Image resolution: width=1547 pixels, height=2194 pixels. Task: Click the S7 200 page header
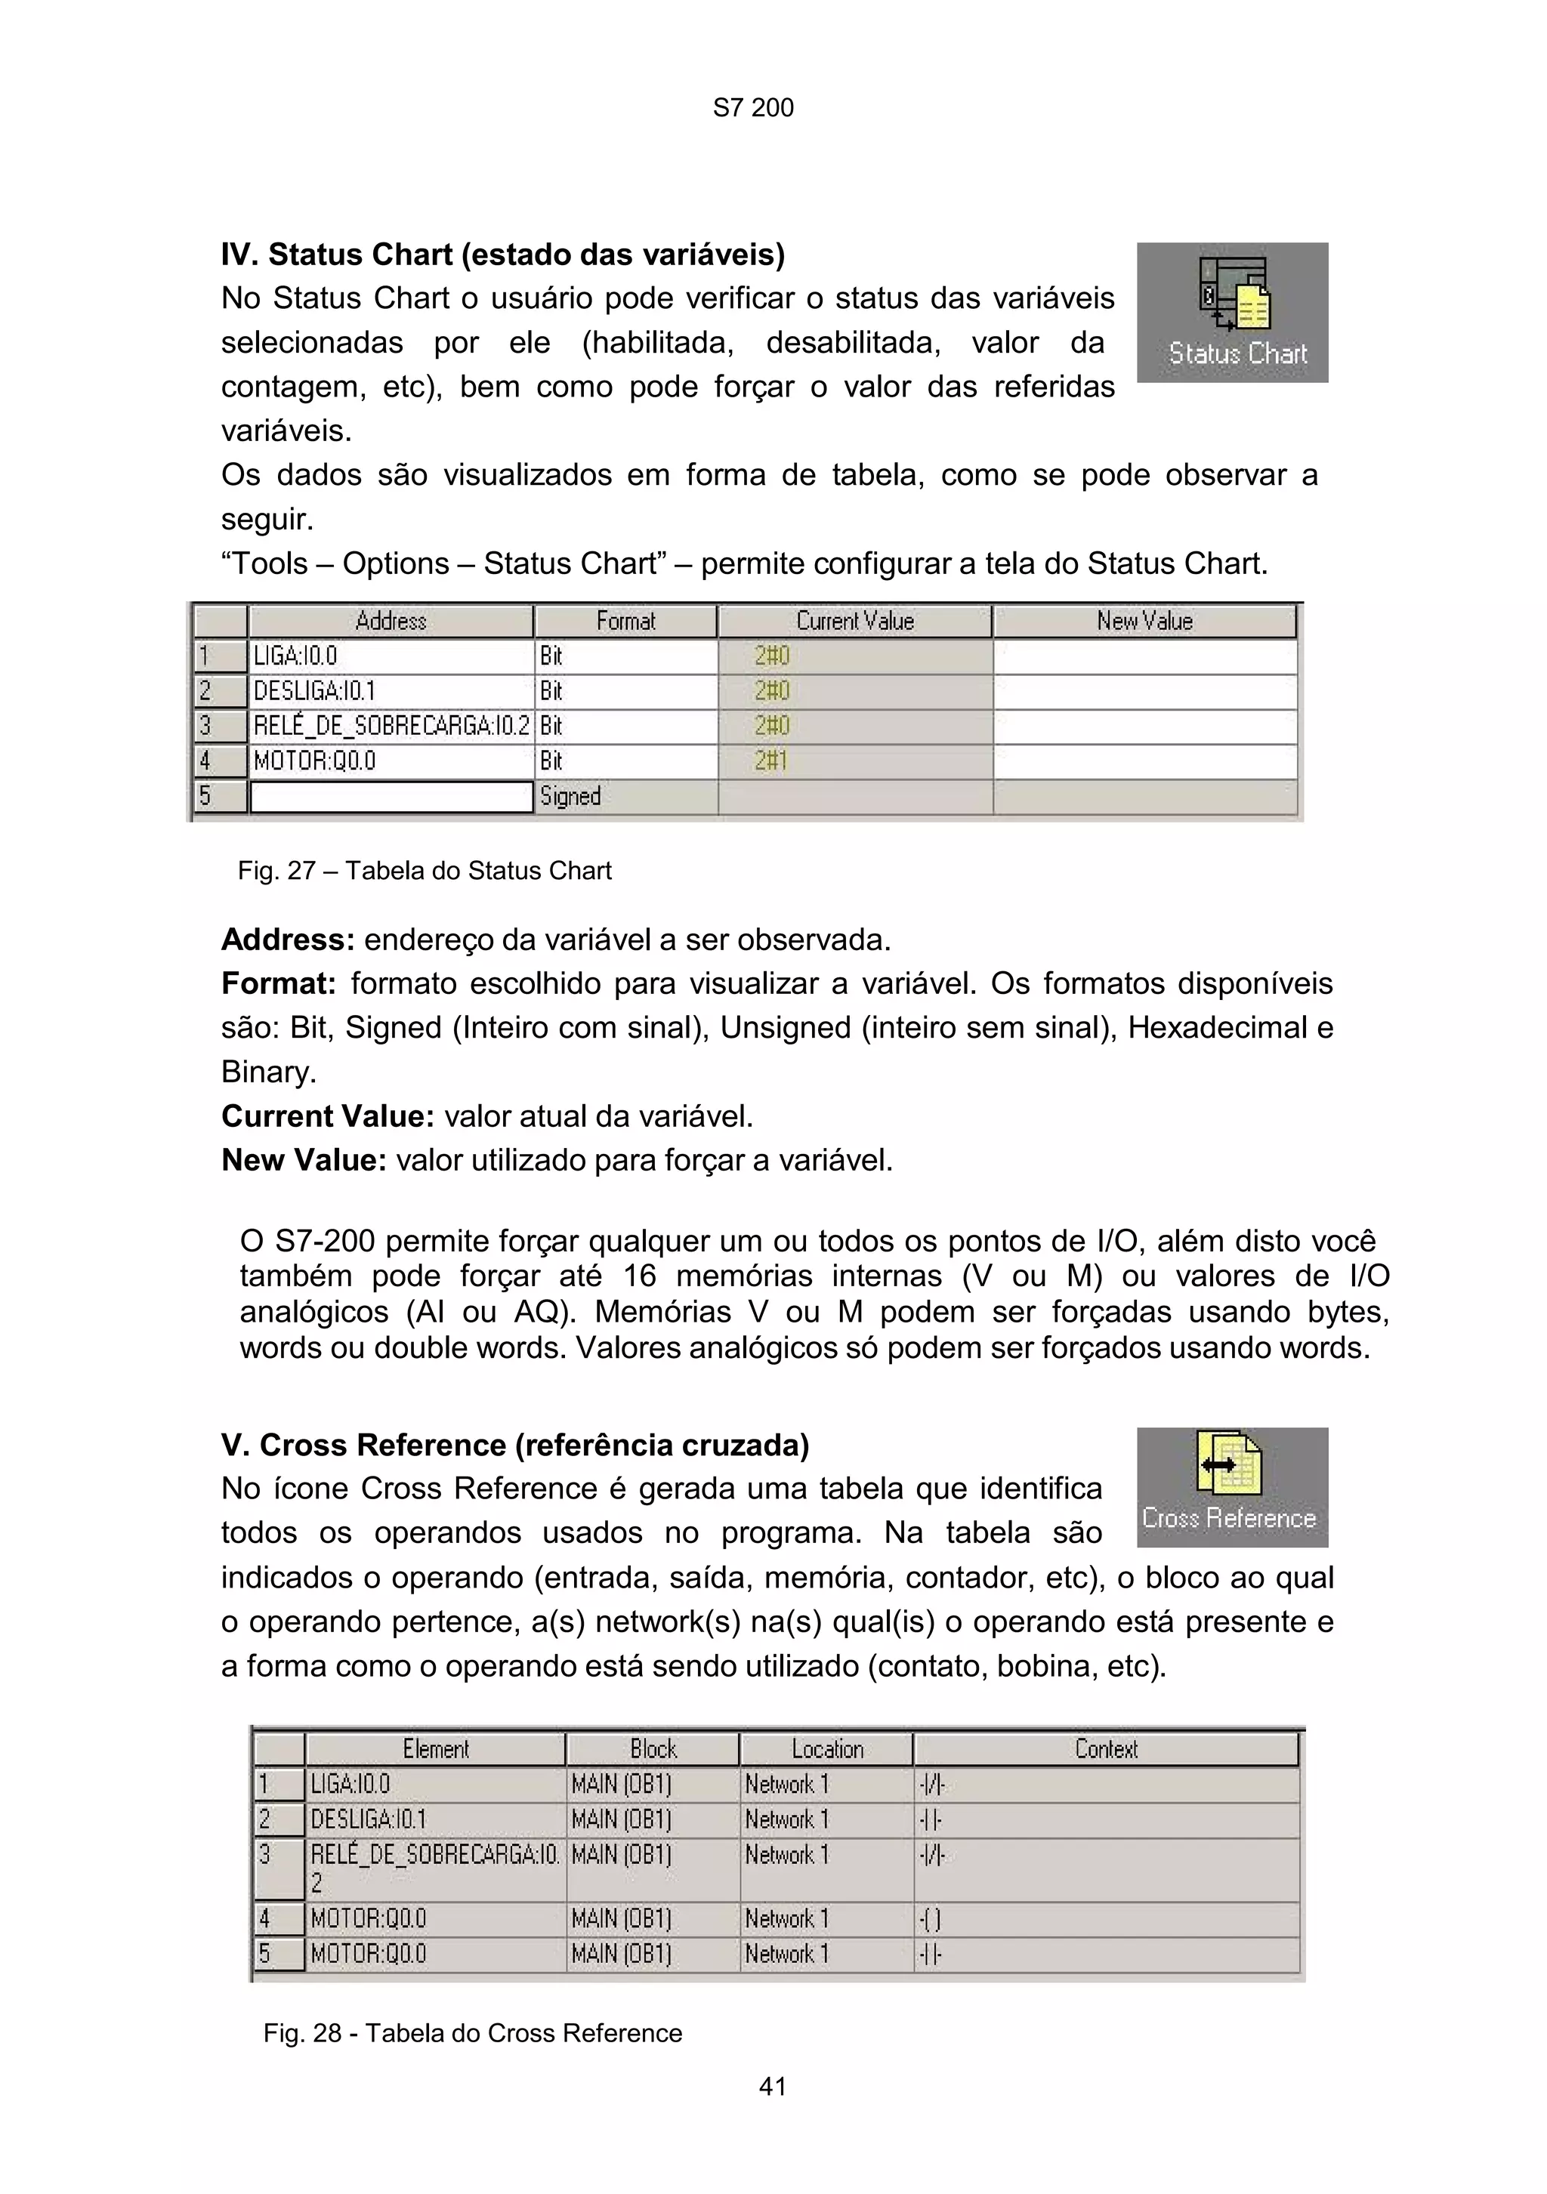753,108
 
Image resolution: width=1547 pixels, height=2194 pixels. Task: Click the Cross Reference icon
1232,1487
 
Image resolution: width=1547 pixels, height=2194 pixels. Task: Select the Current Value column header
854,621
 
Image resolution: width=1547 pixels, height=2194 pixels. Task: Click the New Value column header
1144,621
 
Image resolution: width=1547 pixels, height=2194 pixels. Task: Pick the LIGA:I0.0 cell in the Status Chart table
390,656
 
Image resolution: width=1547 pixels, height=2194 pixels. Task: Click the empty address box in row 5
390,797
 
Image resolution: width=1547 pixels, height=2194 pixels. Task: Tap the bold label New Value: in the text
304,1160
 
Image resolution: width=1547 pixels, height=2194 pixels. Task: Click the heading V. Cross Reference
514,1445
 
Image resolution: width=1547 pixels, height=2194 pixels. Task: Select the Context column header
1106,1750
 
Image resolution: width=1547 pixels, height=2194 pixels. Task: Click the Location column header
826,1750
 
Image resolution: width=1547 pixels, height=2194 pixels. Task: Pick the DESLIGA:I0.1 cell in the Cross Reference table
435,1819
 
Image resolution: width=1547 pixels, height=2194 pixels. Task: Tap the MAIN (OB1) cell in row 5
652,1954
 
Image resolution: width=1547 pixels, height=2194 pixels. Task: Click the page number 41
772,2087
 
